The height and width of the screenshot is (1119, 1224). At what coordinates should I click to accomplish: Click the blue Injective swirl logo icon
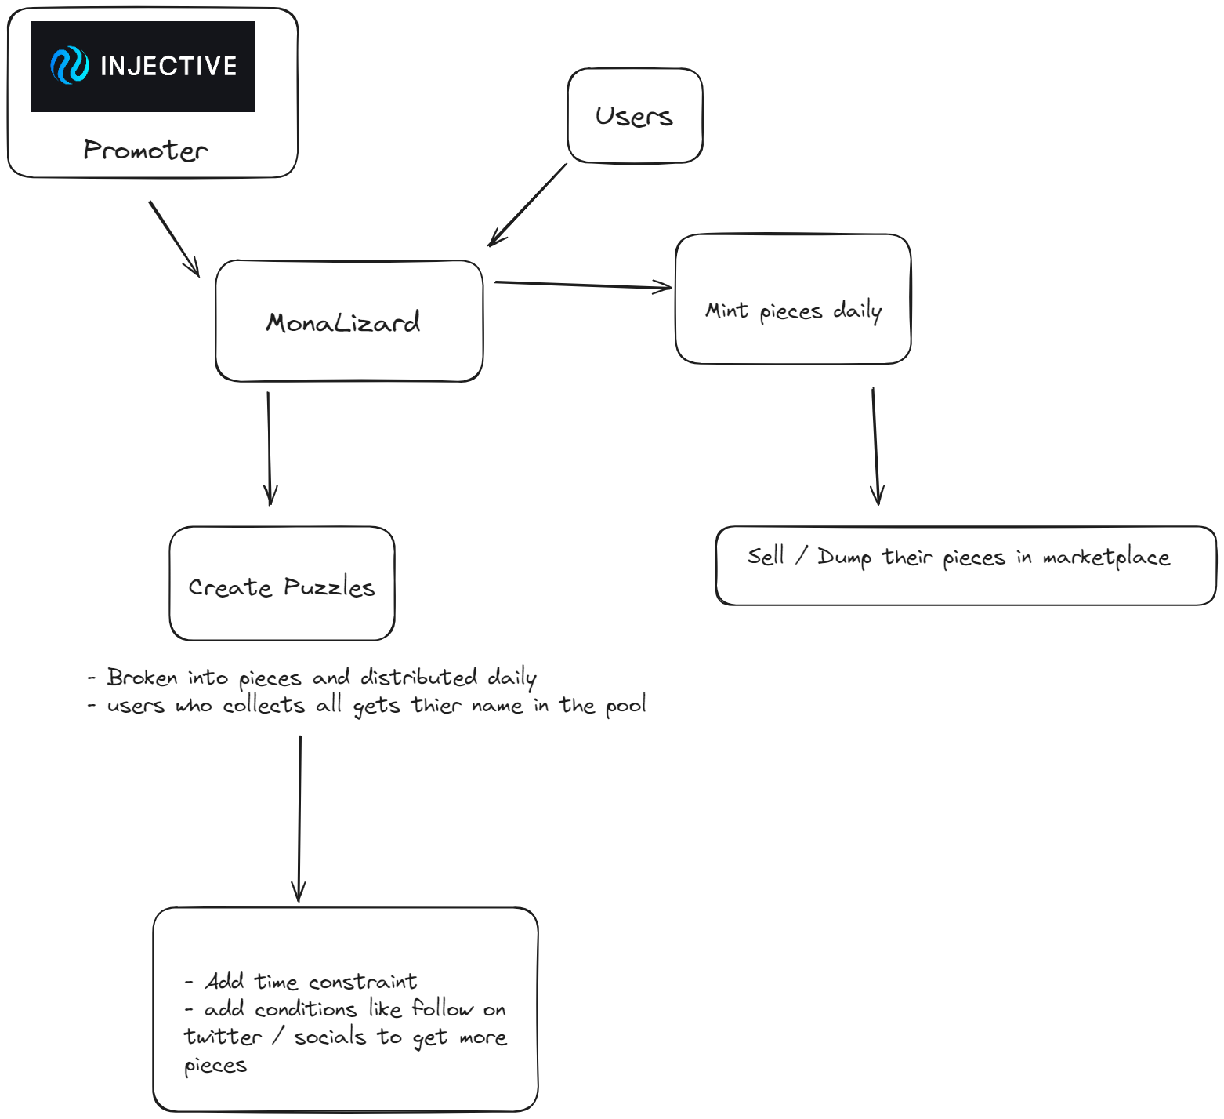tap(69, 66)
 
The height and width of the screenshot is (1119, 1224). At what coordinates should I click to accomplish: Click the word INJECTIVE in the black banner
tap(168, 66)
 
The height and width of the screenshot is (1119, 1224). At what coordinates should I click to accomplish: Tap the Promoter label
tap(146, 150)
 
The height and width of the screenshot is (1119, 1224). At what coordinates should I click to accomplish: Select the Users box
tap(635, 116)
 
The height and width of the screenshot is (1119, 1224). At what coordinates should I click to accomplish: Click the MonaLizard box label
tap(343, 322)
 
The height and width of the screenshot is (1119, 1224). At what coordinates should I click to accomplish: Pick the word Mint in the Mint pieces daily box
tap(726, 311)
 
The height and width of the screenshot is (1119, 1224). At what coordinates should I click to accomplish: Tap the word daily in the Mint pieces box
tap(857, 311)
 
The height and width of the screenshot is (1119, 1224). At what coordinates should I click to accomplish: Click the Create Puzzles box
tap(282, 587)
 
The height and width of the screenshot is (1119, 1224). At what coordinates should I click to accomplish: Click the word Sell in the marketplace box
tap(766, 556)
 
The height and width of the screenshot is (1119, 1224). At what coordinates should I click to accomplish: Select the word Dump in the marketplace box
tap(844, 558)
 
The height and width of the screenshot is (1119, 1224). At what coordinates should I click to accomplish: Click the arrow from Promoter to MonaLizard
tap(174, 238)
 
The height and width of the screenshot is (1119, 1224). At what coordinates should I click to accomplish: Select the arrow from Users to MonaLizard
tap(527, 205)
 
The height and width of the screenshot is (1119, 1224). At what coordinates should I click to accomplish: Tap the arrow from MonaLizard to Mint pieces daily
tap(583, 285)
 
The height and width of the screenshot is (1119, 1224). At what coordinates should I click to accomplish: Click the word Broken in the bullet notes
tap(142, 677)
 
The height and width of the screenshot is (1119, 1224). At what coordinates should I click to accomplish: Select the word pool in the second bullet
tap(625, 706)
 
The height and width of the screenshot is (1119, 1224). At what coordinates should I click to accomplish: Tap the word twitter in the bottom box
tap(223, 1037)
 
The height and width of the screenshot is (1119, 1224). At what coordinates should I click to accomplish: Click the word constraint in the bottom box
tap(363, 982)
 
